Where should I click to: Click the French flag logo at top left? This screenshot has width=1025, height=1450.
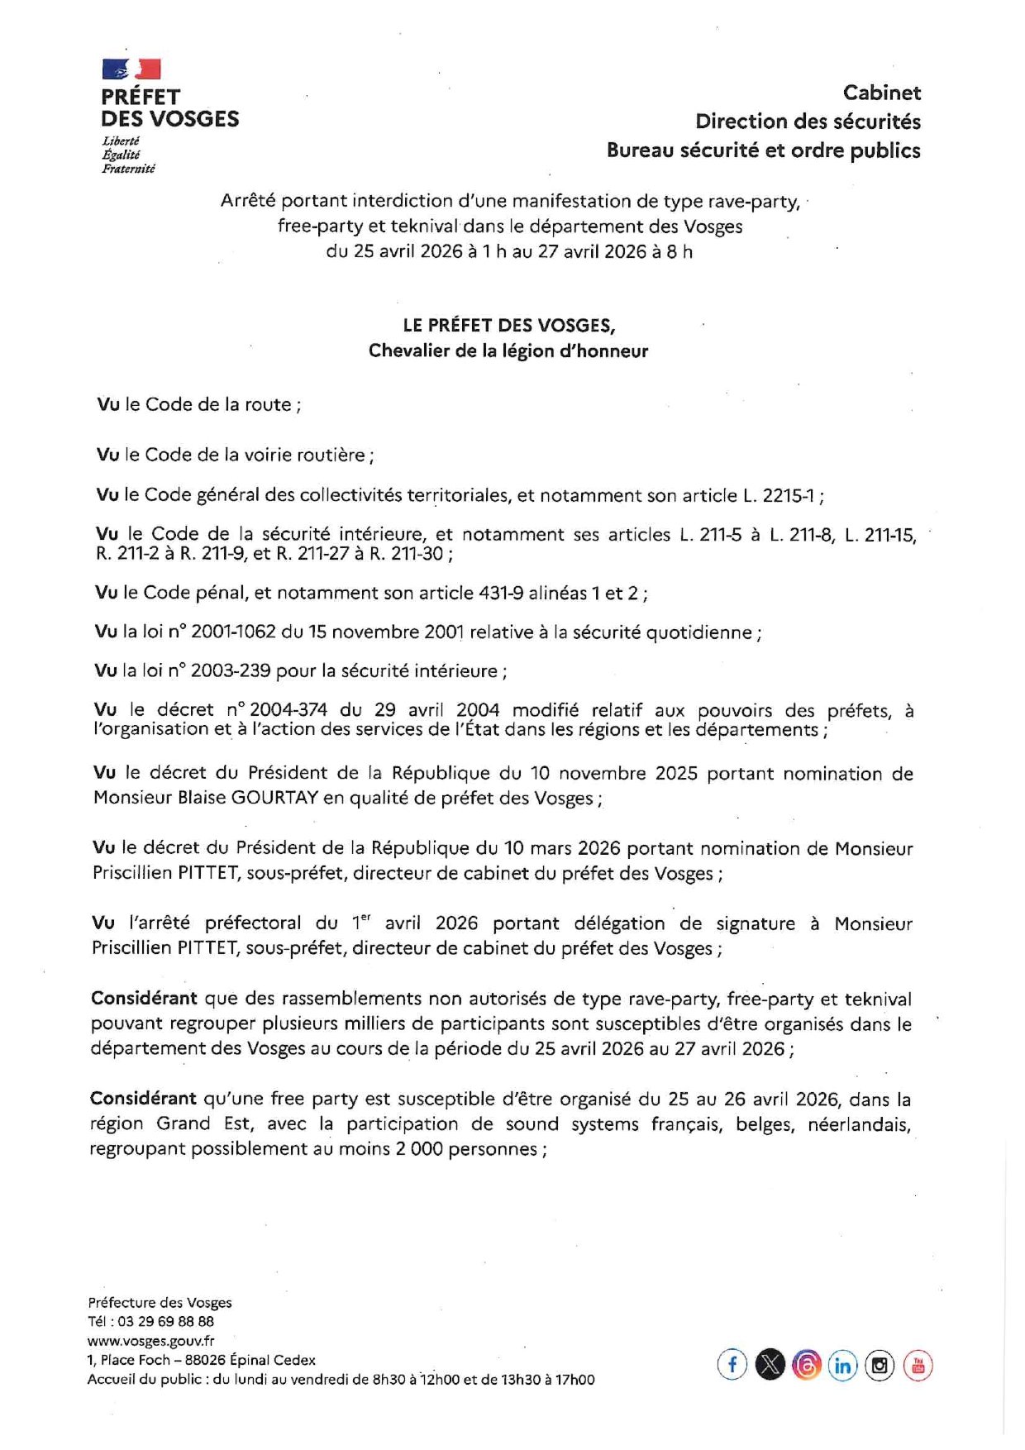(x=131, y=69)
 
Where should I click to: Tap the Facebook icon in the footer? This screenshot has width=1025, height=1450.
(x=732, y=1364)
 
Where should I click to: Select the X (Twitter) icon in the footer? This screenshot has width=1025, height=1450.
(x=770, y=1364)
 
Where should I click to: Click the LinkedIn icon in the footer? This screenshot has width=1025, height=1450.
(x=842, y=1365)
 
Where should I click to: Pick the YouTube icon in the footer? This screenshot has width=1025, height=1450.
(x=918, y=1365)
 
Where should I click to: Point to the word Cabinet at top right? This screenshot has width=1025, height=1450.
(x=881, y=93)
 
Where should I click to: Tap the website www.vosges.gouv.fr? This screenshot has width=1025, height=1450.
(x=150, y=1340)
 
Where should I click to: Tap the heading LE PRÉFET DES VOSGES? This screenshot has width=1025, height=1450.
(x=508, y=325)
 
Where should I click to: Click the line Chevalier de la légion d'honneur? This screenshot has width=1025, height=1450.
(x=508, y=351)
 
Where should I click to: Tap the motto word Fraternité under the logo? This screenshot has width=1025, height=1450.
(x=128, y=169)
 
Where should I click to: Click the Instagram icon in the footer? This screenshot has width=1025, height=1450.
(x=880, y=1365)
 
